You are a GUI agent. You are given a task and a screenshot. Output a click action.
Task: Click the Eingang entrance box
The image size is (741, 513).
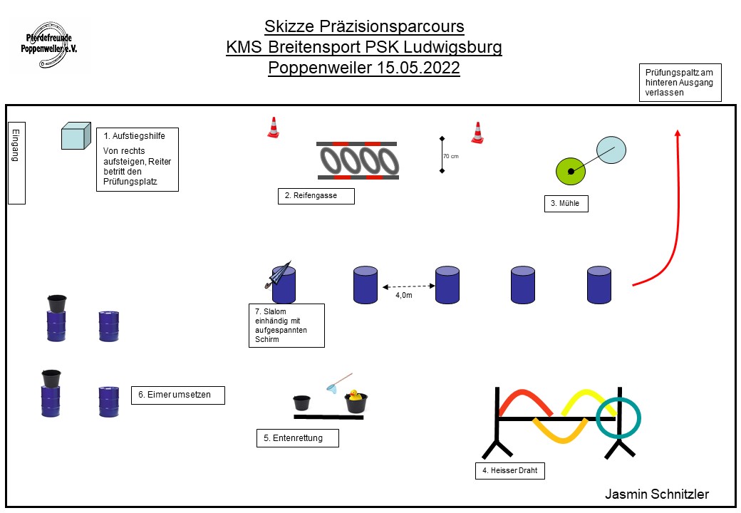[16, 163]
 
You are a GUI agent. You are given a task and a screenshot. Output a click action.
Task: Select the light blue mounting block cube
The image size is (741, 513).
[76, 135]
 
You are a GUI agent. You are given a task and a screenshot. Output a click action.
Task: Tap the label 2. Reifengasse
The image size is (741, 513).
[316, 196]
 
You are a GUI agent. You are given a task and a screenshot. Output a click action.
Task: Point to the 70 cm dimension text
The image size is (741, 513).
[450, 156]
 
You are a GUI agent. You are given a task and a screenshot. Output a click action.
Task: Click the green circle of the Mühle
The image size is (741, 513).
[570, 170]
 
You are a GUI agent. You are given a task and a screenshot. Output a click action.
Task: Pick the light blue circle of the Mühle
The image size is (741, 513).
[611, 150]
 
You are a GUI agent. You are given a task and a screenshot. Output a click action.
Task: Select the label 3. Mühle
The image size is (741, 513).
[566, 204]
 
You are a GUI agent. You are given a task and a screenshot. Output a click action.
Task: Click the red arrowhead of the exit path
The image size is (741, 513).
[677, 133]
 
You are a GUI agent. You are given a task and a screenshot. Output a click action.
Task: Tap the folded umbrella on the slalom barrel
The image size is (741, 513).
[279, 274]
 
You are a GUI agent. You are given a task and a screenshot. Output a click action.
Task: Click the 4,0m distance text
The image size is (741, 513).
[404, 294]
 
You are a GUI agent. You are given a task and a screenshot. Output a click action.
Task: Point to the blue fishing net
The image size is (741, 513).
[333, 385]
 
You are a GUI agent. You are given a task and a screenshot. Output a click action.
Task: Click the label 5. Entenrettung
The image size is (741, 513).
[297, 438]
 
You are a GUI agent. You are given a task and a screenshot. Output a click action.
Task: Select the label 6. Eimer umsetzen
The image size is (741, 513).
[177, 395]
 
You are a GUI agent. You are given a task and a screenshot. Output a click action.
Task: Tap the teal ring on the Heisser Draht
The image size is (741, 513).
[618, 418]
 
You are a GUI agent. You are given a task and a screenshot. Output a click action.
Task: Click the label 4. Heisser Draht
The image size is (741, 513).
[515, 470]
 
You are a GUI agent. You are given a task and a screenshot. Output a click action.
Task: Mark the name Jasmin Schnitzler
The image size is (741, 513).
[657, 494]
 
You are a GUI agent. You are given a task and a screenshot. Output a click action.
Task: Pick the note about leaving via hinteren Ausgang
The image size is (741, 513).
[679, 82]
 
